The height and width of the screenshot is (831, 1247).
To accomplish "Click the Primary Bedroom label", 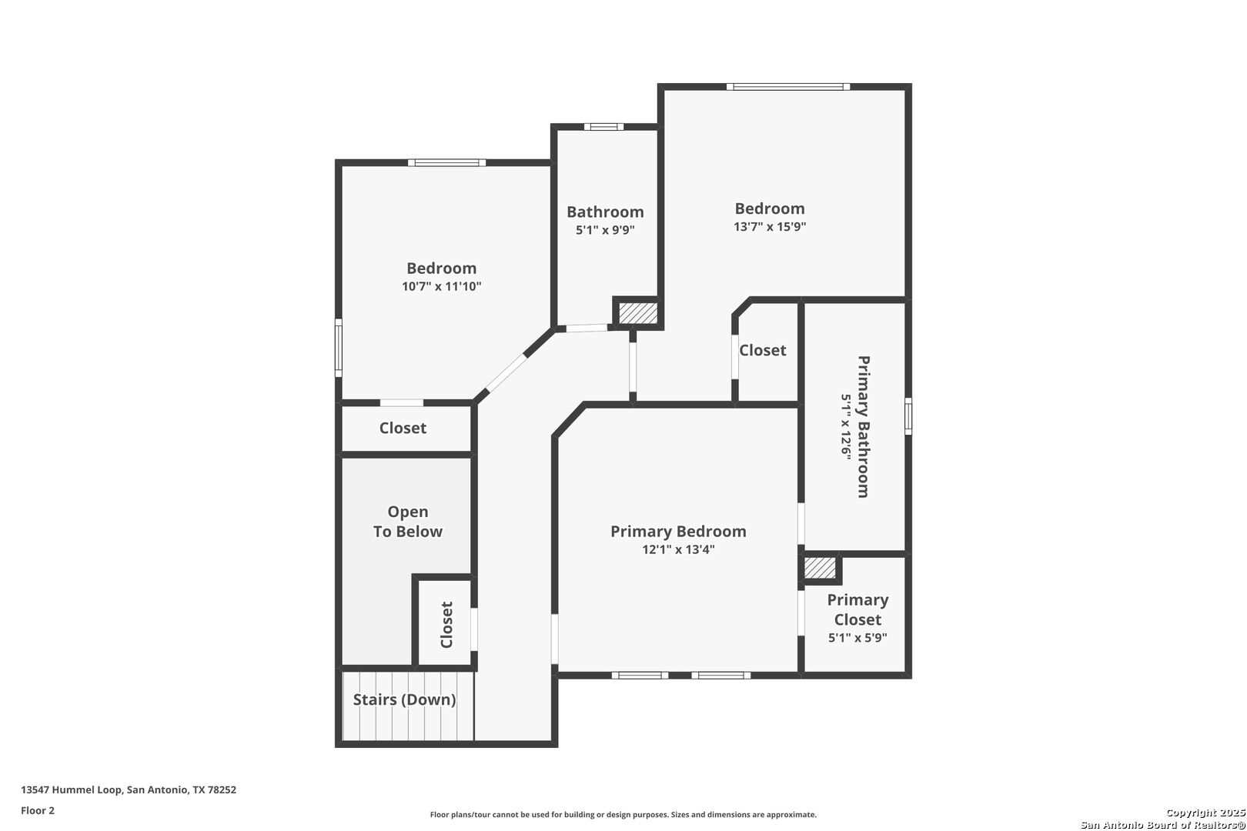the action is (678, 532).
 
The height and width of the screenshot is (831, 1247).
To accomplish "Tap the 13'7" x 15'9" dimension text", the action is (770, 226).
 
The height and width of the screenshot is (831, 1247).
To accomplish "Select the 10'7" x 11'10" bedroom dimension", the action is (442, 286).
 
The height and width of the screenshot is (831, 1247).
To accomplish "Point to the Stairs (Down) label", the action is (405, 699).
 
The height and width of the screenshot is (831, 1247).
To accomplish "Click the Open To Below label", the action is (407, 522).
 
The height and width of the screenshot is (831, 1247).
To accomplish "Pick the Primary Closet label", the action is (858, 609).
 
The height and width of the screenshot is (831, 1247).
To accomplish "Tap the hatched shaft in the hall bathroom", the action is (638, 313).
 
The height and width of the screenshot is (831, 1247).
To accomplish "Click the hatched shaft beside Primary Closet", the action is (820, 569).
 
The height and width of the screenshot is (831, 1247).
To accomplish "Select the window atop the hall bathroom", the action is (604, 127).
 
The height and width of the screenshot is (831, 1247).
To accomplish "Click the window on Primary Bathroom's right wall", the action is (908, 415).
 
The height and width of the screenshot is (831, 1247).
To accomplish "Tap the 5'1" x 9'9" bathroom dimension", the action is (605, 230).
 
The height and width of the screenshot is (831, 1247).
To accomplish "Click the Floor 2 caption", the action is (38, 810).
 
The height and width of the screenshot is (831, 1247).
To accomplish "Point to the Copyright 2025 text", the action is (1205, 813).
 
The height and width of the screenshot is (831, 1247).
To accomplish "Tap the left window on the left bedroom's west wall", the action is (338, 348).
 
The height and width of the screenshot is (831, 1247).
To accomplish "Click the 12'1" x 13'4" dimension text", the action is (678, 549).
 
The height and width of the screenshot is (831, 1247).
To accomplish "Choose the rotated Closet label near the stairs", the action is (446, 625).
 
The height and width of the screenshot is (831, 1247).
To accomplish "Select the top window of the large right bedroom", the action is (788, 87).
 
